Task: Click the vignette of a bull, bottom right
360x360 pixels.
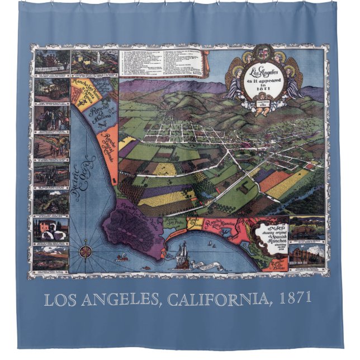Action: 307,227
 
